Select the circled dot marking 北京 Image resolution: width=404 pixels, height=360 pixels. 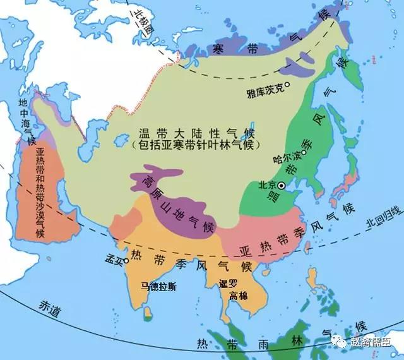[x=282, y=185]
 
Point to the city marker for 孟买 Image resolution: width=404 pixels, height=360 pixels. [x=127, y=260]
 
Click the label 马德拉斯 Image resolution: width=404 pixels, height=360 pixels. [x=159, y=287]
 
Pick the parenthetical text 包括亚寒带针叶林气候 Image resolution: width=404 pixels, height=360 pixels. [x=188, y=145]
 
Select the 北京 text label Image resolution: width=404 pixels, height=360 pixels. [x=267, y=186]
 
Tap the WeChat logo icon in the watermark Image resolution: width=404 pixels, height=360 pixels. [x=341, y=342]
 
